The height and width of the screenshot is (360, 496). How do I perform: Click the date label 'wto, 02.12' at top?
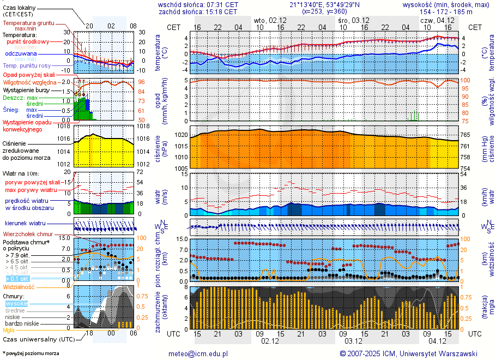click(x=267, y=20)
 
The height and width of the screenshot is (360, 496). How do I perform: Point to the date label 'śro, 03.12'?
click(x=350, y=20)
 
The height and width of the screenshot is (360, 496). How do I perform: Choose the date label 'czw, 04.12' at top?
click(x=434, y=20)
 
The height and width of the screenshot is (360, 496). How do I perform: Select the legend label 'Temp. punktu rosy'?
click(x=27, y=65)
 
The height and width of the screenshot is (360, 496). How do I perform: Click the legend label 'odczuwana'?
click(x=21, y=54)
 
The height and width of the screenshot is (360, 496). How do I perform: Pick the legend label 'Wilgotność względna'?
click(x=29, y=82)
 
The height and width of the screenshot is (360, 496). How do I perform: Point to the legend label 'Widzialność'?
click(x=19, y=286)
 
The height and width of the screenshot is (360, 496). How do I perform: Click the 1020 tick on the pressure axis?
click(x=180, y=135)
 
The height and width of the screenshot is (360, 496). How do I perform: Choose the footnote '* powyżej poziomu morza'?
click(x=31, y=353)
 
